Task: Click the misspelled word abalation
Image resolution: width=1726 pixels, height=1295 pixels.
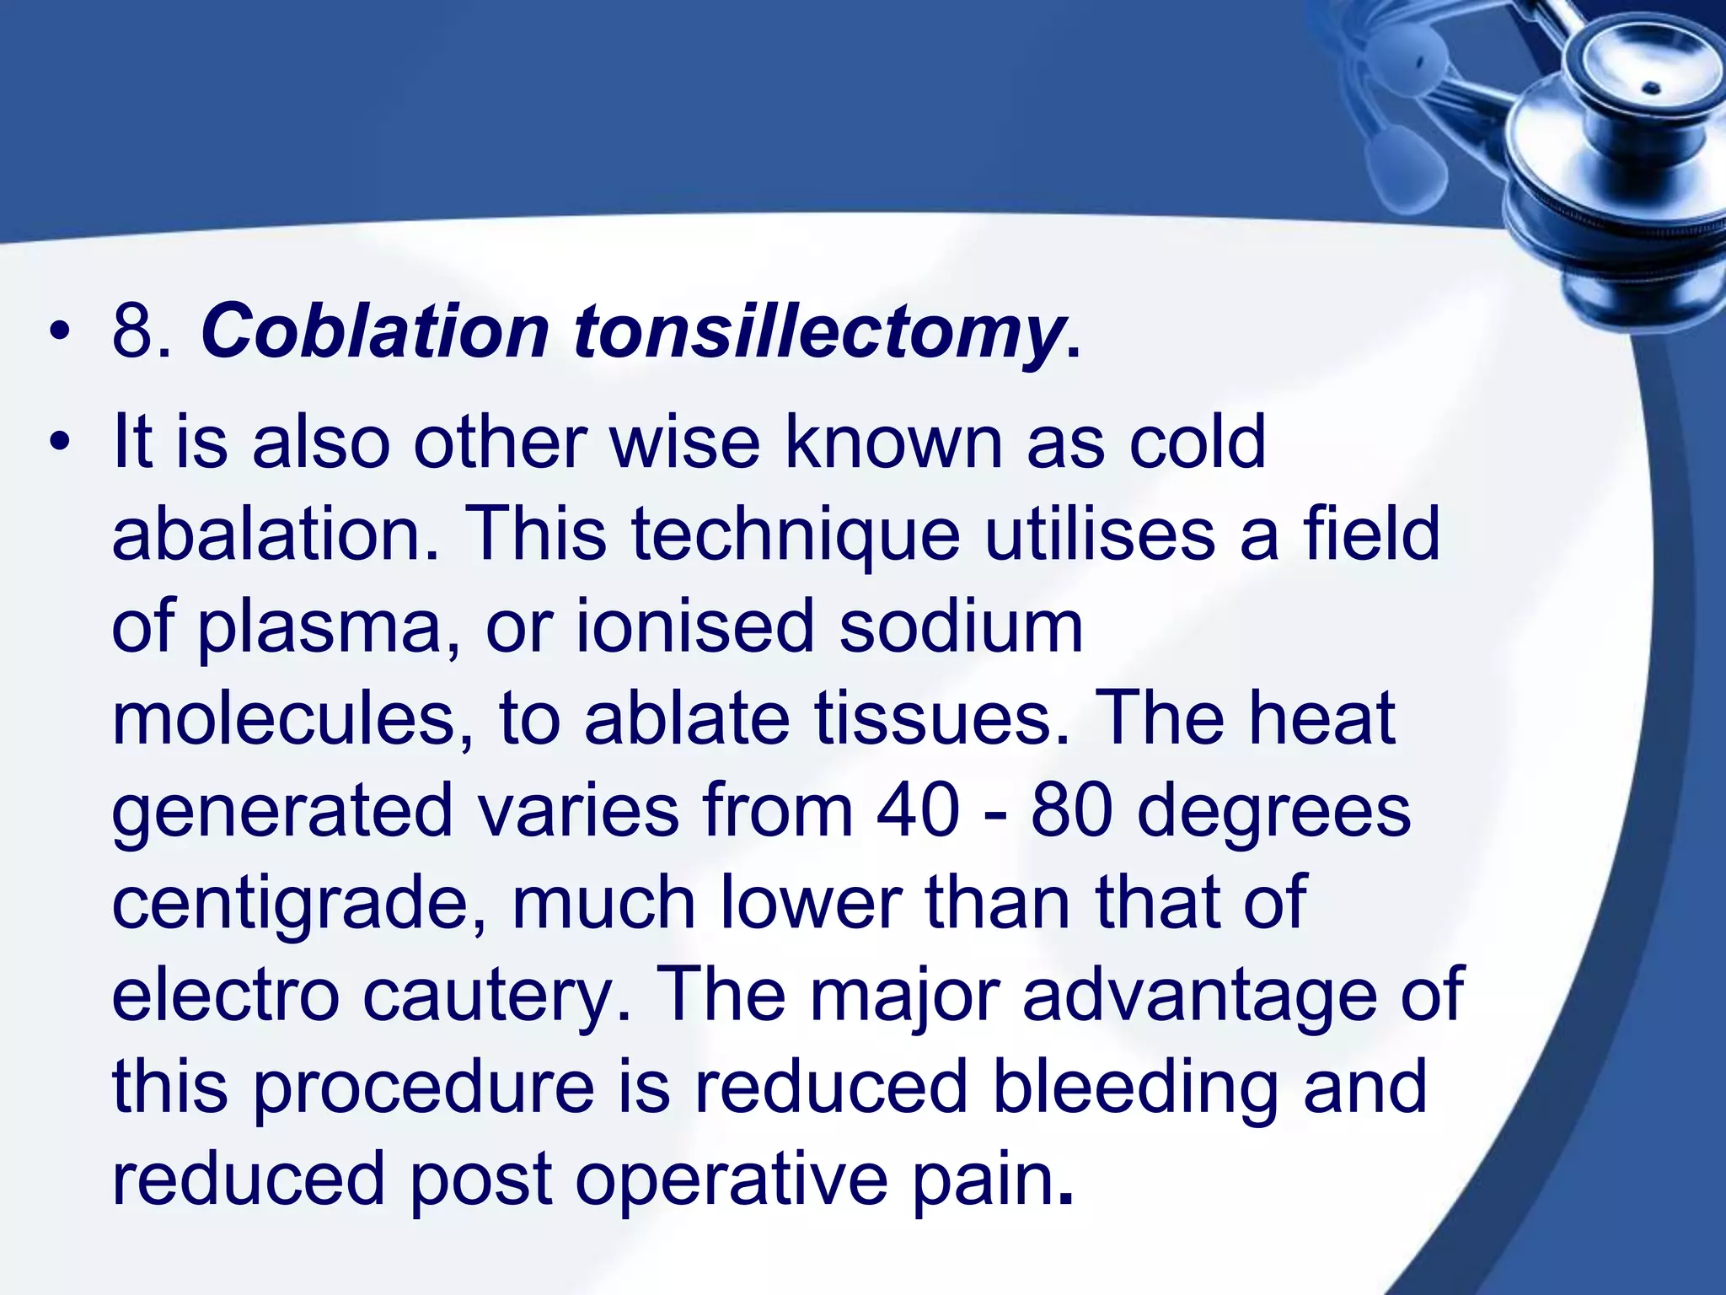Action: [275, 535]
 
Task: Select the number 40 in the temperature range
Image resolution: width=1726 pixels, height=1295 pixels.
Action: [918, 810]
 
